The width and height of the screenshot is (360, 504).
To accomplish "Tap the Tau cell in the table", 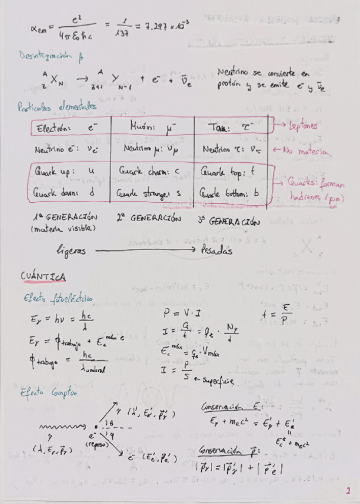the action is (232, 127).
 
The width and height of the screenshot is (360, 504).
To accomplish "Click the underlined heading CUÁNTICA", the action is (43, 277).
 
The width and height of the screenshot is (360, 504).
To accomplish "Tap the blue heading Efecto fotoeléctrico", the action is (58, 298).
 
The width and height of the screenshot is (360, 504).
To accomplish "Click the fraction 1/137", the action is (124, 27).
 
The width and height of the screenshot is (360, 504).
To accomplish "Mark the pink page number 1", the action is (348, 491).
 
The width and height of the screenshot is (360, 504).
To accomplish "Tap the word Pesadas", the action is (216, 250).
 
